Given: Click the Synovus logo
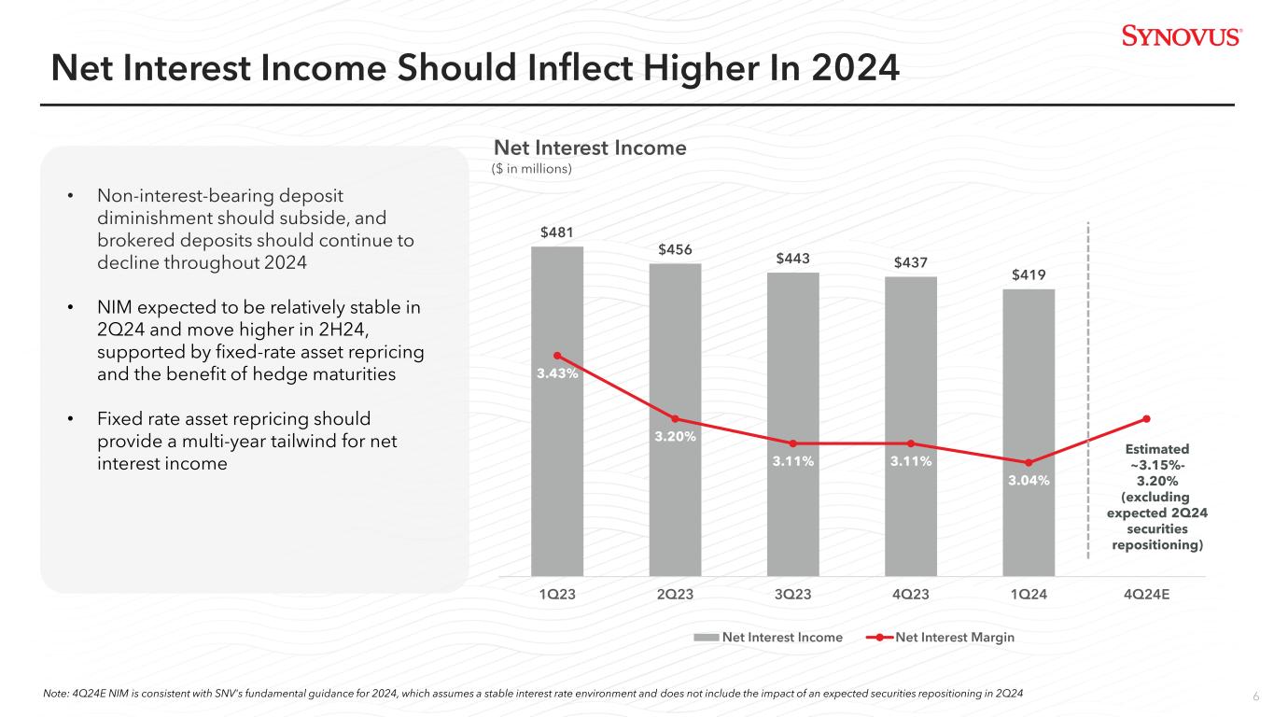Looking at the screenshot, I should pyautogui.click(x=1181, y=36).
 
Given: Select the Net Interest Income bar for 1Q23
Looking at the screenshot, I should pyautogui.click(x=557, y=467).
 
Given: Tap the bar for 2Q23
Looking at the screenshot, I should pyautogui.click(x=675, y=504).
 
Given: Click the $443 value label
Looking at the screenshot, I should pyautogui.click(x=792, y=258).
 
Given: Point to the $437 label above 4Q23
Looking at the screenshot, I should pyautogui.click(x=910, y=262).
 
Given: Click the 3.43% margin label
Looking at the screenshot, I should pyautogui.click(x=557, y=373).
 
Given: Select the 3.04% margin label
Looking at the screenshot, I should pyautogui.click(x=1029, y=480).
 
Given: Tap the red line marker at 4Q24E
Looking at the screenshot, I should pyautogui.click(x=1146, y=418).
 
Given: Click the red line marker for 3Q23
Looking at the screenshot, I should pyautogui.click(x=792, y=443).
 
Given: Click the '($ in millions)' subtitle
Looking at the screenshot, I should pyautogui.click(x=532, y=169).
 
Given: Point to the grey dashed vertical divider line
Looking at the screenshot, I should pyautogui.click(x=1088, y=392).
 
